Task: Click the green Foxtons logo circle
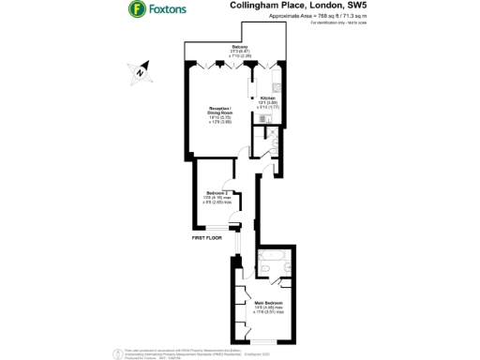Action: (137, 10)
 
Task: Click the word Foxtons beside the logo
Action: (167, 10)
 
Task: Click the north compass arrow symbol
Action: (138, 70)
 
